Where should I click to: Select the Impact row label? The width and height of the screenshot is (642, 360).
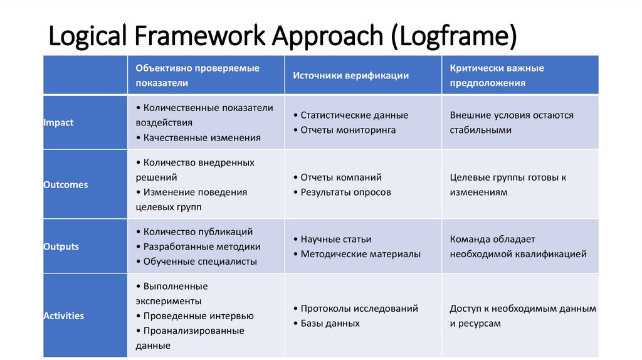[x=58, y=123]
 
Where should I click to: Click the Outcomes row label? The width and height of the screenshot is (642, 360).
[x=66, y=185]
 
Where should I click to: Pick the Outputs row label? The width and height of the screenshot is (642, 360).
[x=61, y=246]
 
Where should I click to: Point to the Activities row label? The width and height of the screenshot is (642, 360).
[x=63, y=316]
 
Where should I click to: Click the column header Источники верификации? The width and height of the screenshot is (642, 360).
[x=350, y=75]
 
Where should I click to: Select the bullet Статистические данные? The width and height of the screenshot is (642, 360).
[x=354, y=115]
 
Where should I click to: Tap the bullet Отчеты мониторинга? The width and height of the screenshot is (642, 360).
[x=348, y=130]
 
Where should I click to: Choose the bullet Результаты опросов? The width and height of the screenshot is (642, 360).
[x=345, y=193]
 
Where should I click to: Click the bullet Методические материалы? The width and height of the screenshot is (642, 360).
[x=360, y=254]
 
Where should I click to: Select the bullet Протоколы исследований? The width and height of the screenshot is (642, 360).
[x=359, y=309]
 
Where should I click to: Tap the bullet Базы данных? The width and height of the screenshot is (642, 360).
[x=330, y=324]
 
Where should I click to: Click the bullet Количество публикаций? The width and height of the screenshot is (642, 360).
[x=197, y=232]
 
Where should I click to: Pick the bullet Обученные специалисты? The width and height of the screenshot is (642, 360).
[x=200, y=262]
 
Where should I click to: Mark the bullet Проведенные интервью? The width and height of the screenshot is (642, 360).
[x=198, y=316]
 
